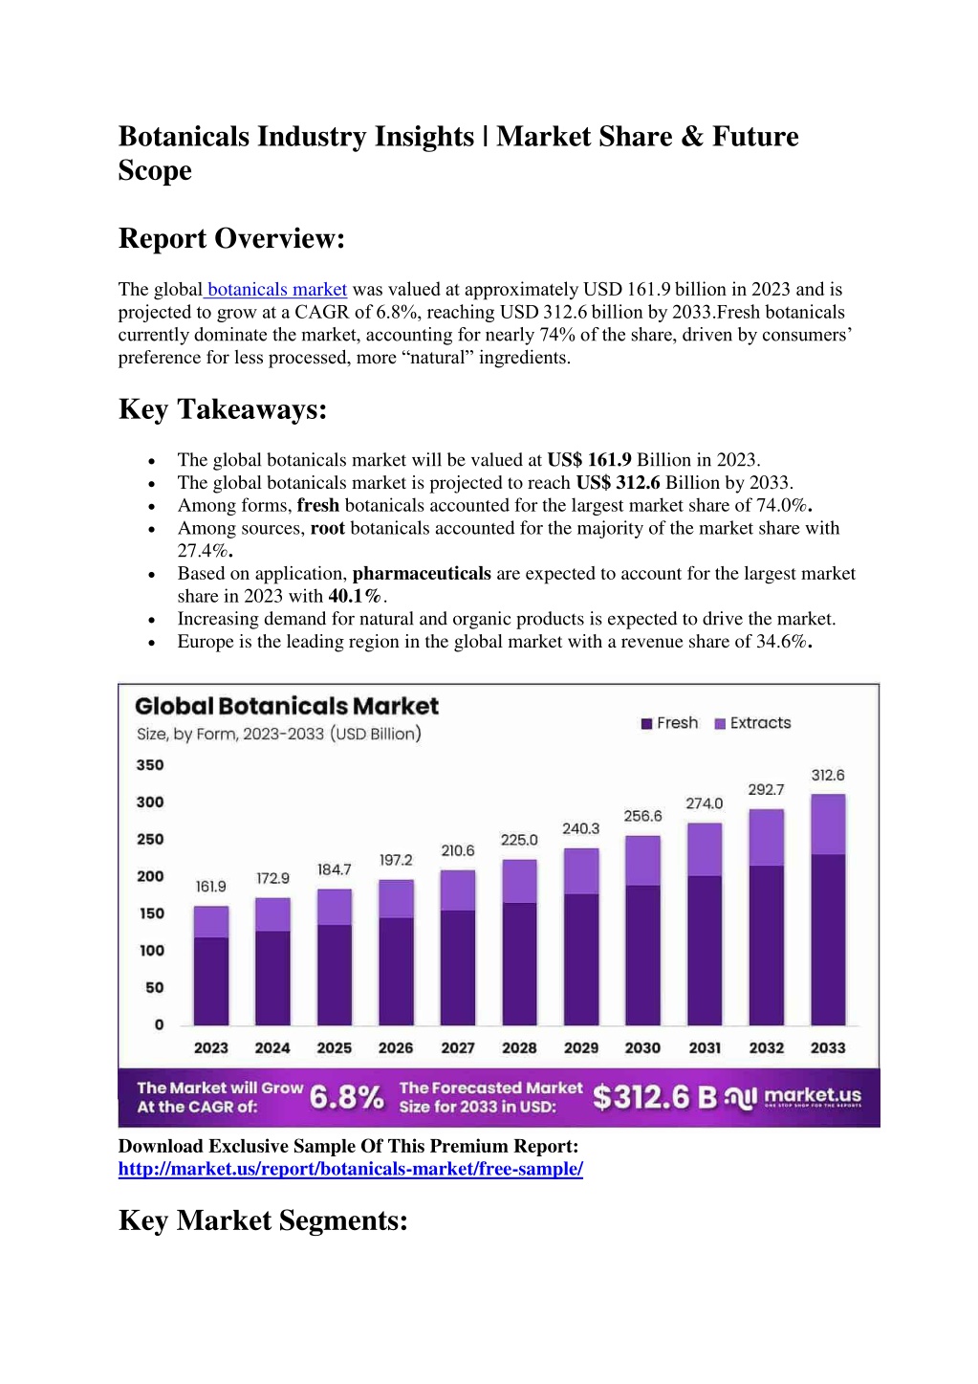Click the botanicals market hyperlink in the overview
pos(276,289)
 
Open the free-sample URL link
pos(351,1169)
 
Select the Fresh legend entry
pos(669,723)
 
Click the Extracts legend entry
pos(752,723)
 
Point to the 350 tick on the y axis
pos(150,765)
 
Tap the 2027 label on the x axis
pos(458,1048)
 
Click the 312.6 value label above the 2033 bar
pos(827,775)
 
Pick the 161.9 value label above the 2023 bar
pos(210,887)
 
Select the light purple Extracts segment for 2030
pos(642,861)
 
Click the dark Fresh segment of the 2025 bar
pos(334,975)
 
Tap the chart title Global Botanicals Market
pos(287,706)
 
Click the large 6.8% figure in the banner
pos(346,1097)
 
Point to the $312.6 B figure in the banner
pos(655,1097)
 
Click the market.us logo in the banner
pos(793,1097)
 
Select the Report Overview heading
pos(231,238)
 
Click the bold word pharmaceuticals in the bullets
pos(422,573)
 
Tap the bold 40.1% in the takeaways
pos(355,596)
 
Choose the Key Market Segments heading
pos(263,1220)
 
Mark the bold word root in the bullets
pos(327,528)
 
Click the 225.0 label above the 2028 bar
pos(518,840)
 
